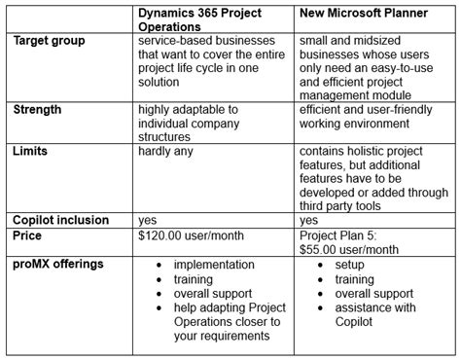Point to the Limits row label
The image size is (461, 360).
(32, 154)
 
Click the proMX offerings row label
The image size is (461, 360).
(58, 264)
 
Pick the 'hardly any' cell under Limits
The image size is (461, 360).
(171, 154)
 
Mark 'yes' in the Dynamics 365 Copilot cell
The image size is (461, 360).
(149, 220)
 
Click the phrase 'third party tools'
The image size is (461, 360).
(350, 205)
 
